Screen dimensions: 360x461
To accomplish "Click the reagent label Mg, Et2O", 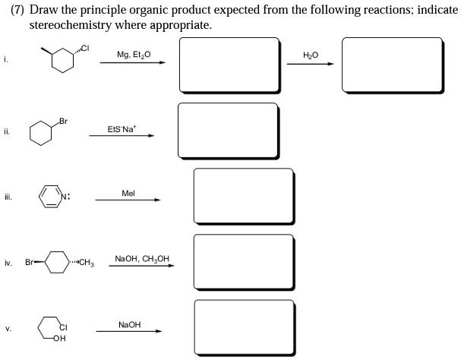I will click(134, 55).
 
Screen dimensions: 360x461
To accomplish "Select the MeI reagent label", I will click(128, 194).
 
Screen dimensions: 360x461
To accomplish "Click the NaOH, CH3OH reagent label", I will click(141, 259).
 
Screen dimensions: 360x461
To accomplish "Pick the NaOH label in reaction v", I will click(130, 324).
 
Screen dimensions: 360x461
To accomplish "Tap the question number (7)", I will click(17, 10).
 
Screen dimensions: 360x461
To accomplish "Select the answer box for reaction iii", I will click(243, 197).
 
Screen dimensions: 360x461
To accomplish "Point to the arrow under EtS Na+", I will click(131, 137).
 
